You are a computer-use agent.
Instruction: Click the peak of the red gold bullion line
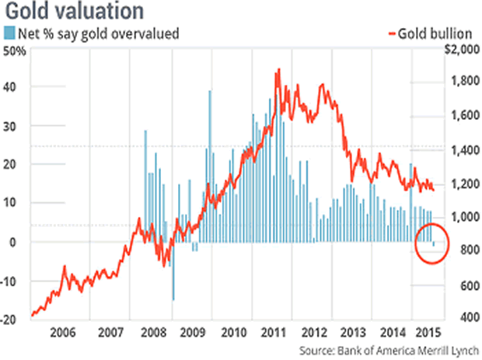coord(278,70)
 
